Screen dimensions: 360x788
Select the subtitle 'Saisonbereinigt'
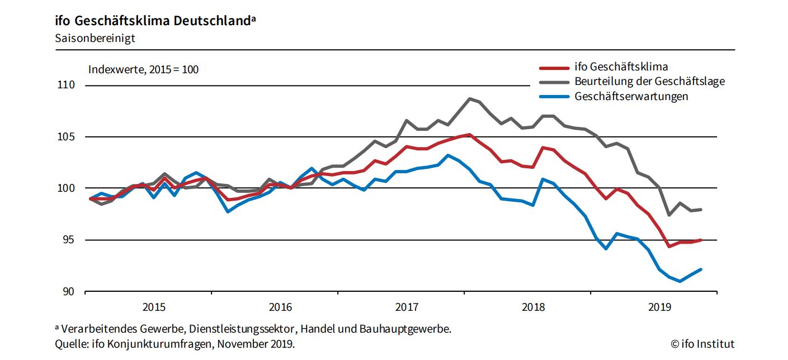(95, 39)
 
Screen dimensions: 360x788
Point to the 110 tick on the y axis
(66, 86)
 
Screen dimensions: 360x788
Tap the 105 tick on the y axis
(66, 137)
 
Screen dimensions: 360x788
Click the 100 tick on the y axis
(66, 188)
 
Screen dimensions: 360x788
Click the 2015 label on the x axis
(154, 307)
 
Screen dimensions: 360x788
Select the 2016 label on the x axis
(280, 307)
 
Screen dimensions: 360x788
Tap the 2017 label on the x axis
(407, 307)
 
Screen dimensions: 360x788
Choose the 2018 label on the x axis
(533, 307)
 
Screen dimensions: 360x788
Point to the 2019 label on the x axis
(659, 307)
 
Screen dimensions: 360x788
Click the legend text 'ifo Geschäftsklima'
(621, 67)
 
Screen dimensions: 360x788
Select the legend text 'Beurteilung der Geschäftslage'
(649, 82)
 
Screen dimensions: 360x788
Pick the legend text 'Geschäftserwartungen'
(631, 96)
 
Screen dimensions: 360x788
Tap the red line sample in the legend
(554, 68)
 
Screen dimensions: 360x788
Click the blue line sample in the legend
(554, 97)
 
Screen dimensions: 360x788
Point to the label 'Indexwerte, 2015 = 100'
(143, 70)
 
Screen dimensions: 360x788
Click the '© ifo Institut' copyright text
(702, 344)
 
